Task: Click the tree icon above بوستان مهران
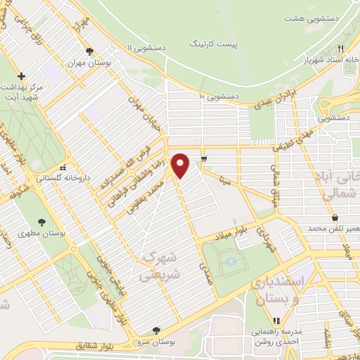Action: (89, 51)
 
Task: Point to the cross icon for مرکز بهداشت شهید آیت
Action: (22, 75)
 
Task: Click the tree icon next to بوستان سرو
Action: (155, 330)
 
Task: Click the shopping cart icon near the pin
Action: (204, 158)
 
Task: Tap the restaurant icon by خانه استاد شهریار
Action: (340, 49)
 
